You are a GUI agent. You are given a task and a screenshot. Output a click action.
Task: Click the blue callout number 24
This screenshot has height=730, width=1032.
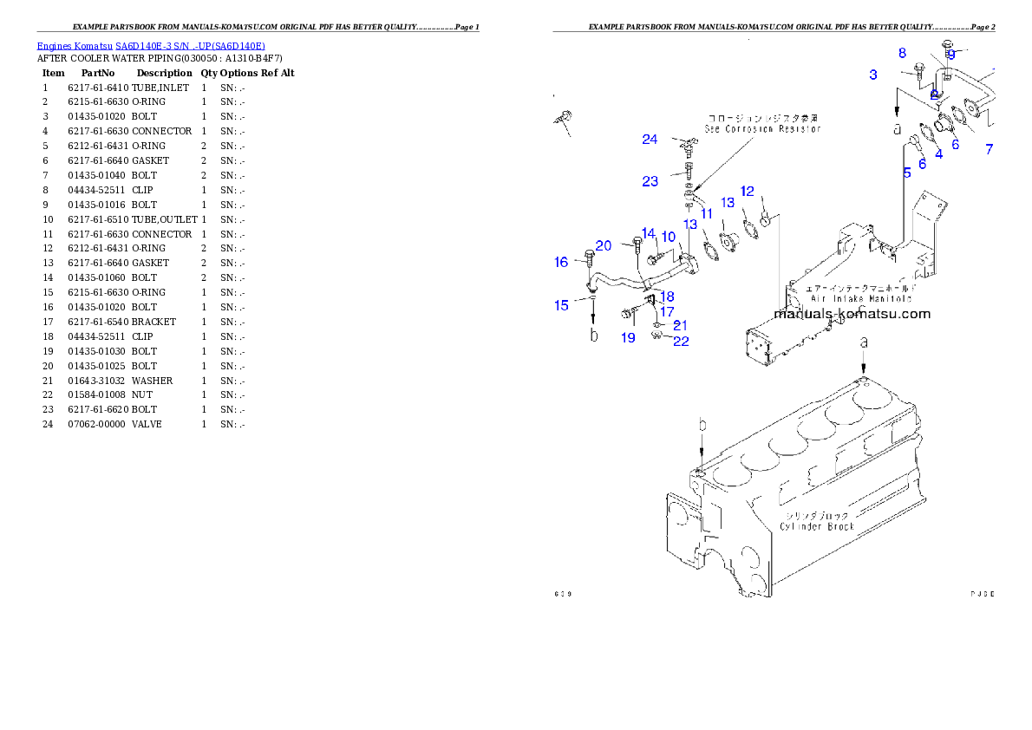tap(650, 140)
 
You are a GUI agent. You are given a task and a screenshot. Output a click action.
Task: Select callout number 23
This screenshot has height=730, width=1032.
tap(650, 181)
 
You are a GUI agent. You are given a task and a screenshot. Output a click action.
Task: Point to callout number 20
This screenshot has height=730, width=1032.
tap(604, 246)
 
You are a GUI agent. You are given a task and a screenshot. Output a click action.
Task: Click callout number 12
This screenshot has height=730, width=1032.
tap(747, 192)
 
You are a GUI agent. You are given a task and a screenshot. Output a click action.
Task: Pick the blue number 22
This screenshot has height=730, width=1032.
tap(681, 341)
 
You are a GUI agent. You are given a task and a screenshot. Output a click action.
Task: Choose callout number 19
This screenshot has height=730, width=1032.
tap(628, 337)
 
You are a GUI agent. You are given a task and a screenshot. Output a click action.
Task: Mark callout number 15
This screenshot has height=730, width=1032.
tap(562, 304)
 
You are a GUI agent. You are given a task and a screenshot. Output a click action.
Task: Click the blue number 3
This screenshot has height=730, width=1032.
tap(873, 75)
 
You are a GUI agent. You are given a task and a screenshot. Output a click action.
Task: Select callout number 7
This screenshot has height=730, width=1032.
tap(989, 150)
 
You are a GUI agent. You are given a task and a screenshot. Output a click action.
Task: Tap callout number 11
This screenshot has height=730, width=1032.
tap(706, 212)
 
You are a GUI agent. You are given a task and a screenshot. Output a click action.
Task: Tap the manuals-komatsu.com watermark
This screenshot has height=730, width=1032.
tap(852, 314)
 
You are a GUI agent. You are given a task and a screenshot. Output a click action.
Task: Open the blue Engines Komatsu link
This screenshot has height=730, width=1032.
tap(151, 45)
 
